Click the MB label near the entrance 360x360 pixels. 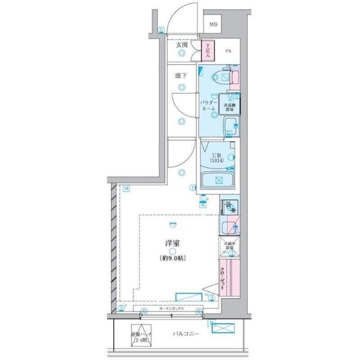(213, 25)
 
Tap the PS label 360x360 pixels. (229, 51)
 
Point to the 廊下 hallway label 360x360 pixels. (181, 76)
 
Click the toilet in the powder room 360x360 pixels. (220, 77)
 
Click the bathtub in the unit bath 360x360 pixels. (218, 181)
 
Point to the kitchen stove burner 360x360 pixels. (230, 205)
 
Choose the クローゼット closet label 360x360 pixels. (223, 279)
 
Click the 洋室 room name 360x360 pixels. (172, 243)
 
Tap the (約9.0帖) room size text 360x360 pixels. (172, 258)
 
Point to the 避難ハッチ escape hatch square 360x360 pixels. (141, 335)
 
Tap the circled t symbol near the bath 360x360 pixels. (193, 187)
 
